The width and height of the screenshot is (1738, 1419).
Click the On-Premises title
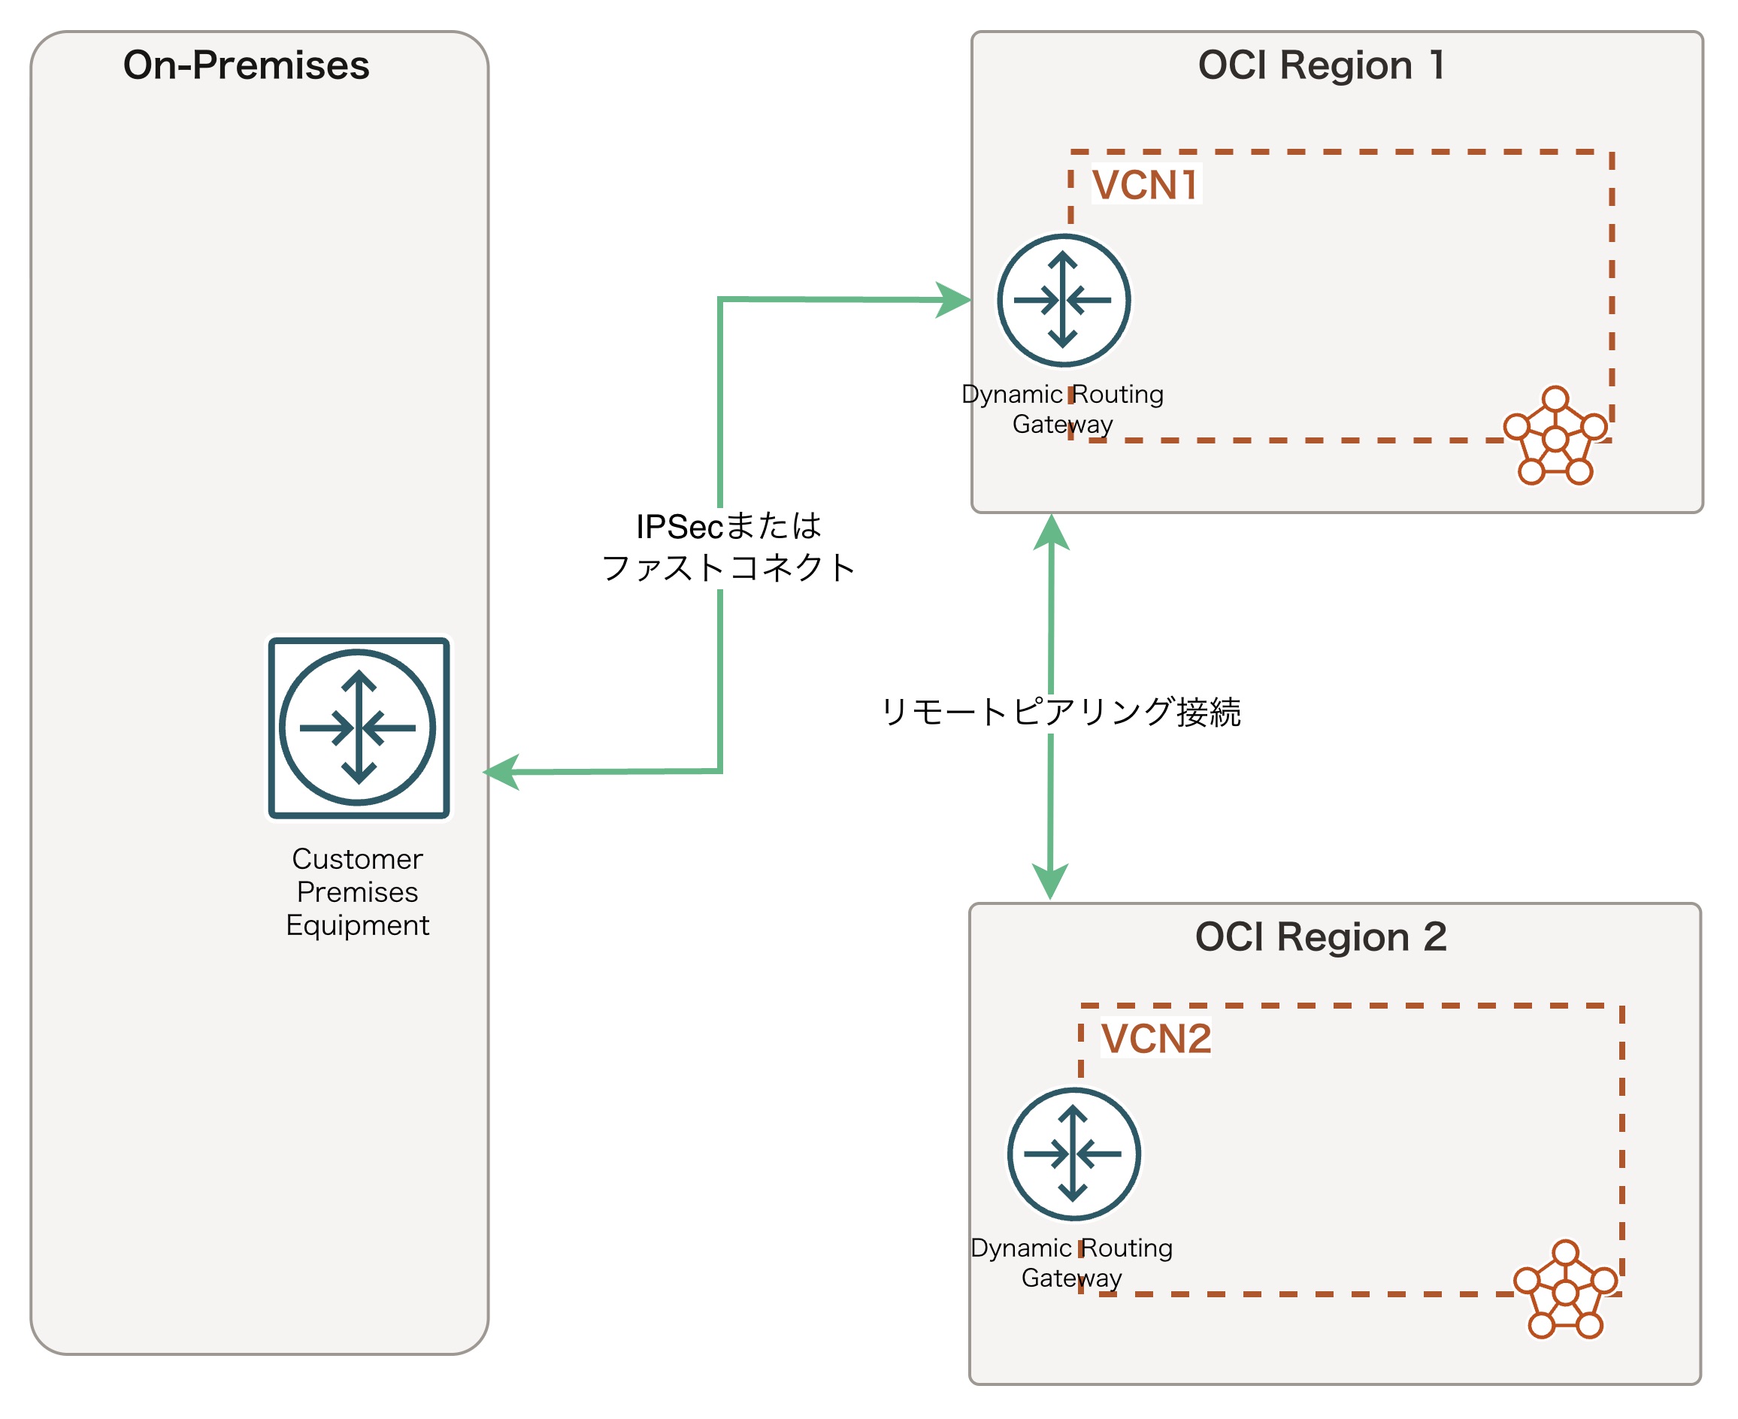tap(246, 65)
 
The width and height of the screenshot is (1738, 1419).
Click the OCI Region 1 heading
tap(1321, 65)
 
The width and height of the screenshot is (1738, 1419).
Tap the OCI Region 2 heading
tap(1320, 936)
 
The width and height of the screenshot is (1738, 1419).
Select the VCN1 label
tap(1146, 185)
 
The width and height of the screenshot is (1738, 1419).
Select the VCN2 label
tap(1156, 1039)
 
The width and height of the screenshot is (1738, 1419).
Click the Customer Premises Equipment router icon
tap(359, 728)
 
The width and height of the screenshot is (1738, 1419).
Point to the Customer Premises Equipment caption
tap(357, 892)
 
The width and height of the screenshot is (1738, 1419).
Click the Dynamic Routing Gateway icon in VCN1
tap(1063, 300)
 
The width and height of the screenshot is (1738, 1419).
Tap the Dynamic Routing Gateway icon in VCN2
tap(1073, 1154)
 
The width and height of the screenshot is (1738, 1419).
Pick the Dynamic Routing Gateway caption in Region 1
tap(1062, 409)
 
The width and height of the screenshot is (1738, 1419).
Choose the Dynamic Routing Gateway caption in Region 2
tap(1071, 1262)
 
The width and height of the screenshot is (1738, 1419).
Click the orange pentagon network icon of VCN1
tap(1555, 437)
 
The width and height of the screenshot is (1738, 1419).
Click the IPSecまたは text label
tap(728, 526)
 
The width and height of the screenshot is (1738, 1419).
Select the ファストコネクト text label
tap(728, 567)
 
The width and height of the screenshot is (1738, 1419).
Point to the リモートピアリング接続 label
tap(1060, 712)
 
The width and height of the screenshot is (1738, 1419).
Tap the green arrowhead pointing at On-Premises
tap(501, 772)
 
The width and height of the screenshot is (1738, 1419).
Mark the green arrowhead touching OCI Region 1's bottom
tap(1052, 531)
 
